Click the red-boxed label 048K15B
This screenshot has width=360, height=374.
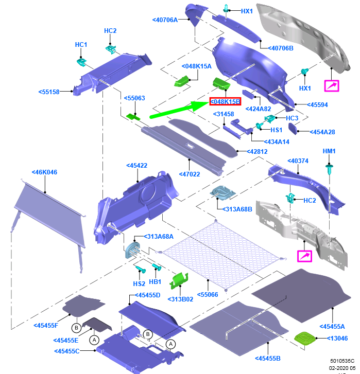click(x=226, y=102)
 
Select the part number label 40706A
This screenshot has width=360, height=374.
click(x=165, y=20)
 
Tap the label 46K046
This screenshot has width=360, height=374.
click(x=45, y=172)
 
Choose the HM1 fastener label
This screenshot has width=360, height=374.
click(x=329, y=151)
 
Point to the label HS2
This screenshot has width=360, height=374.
click(x=140, y=283)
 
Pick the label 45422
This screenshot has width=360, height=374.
click(x=137, y=166)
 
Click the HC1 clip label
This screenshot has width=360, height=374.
click(x=81, y=45)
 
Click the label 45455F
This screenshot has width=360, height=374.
click(x=47, y=325)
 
